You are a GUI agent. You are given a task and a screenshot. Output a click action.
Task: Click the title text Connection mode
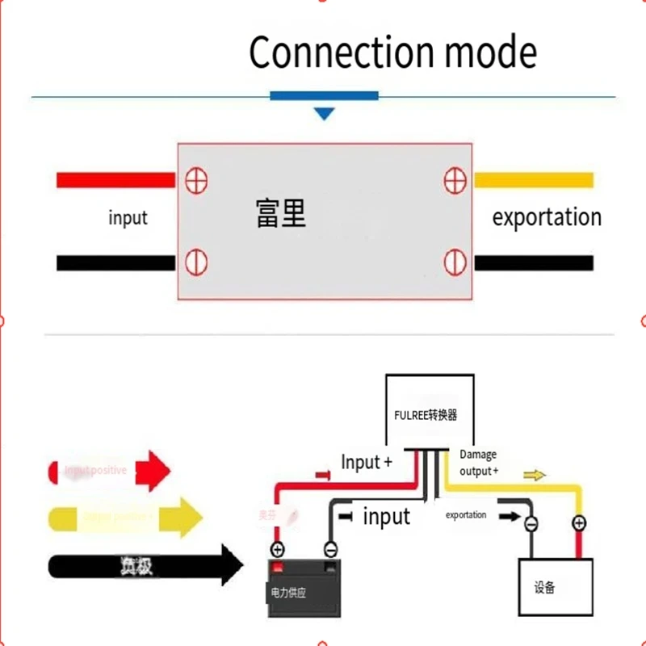[392, 52]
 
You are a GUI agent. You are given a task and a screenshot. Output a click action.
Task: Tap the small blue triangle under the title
[324, 114]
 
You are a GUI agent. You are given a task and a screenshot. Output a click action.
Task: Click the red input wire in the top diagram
[115, 180]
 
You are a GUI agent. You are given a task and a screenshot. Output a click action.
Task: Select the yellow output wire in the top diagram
[533, 180]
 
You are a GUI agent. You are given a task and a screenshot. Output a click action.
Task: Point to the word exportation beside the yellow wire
[547, 217]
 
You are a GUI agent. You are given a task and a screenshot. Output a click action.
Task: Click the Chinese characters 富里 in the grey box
[281, 215]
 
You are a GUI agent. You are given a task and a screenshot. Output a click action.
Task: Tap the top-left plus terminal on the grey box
[196, 180]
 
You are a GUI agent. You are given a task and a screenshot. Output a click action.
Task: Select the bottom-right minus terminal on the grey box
[455, 262]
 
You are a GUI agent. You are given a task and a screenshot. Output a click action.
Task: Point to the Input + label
[367, 463]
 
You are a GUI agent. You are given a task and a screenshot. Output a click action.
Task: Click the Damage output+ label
[478, 463]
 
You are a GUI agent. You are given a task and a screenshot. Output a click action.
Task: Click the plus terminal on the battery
[277, 549]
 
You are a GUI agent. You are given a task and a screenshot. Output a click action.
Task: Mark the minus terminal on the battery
[330, 549]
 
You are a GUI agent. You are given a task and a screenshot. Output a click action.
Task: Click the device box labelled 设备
[556, 587]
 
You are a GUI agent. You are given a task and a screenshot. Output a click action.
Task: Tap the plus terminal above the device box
[579, 524]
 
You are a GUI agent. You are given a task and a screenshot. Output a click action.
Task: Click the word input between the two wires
[386, 517]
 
